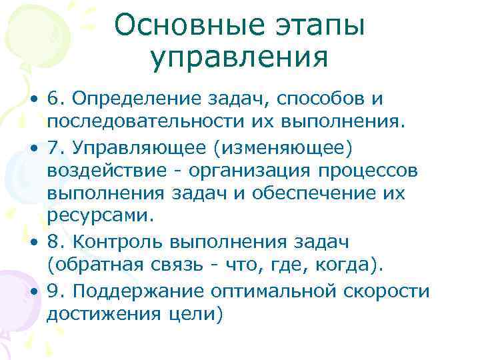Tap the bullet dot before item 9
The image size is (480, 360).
pyautogui.click(x=33, y=291)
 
